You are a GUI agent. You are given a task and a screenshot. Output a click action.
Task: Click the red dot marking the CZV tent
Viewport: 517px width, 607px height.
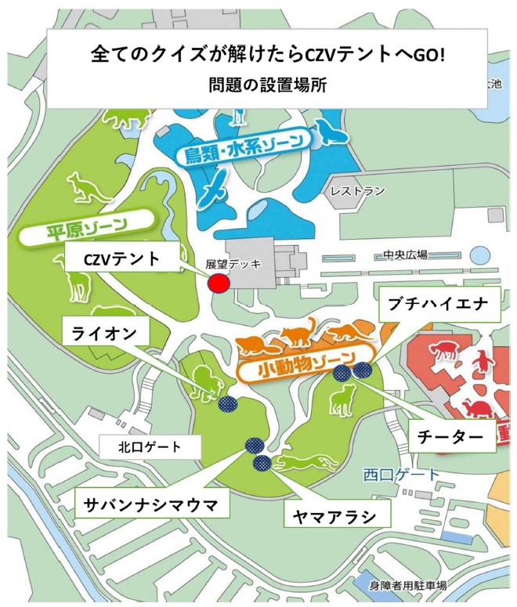(219, 283)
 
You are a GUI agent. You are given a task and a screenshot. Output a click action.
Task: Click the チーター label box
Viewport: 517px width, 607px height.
(453, 435)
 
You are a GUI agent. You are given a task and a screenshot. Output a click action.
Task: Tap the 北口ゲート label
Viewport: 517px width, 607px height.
(148, 448)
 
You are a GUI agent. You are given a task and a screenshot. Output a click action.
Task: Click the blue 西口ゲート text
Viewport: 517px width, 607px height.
(402, 474)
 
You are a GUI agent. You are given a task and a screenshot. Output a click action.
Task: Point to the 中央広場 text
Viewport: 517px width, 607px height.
(405, 255)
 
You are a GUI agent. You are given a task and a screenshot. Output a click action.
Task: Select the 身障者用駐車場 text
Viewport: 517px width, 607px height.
(408, 585)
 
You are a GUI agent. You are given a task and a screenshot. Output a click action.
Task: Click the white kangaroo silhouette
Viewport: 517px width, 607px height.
(80, 187)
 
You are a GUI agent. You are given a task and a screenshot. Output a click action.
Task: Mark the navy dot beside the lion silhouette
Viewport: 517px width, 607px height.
(227, 404)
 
